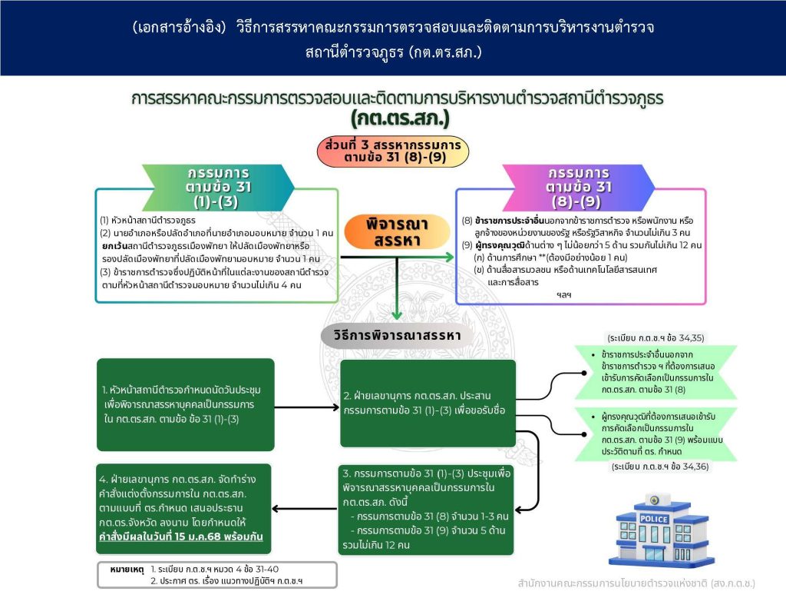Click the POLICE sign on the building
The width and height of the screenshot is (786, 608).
click(x=654, y=519)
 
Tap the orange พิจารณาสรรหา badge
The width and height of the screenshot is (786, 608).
click(x=397, y=232)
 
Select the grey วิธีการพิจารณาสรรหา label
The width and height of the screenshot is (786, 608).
click(x=397, y=335)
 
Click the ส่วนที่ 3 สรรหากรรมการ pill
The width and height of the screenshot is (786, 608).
click(x=393, y=151)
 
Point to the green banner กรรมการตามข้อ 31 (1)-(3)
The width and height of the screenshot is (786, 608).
click(x=218, y=188)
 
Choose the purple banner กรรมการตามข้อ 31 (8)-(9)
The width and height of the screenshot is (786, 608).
click(x=579, y=188)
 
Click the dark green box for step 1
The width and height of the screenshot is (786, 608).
click(x=186, y=404)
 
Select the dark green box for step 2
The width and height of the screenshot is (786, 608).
click(x=428, y=404)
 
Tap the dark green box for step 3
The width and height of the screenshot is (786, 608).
click(x=426, y=510)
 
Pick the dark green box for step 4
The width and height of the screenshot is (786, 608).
click(x=183, y=509)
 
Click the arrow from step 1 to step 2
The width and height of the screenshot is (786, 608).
click(x=307, y=407)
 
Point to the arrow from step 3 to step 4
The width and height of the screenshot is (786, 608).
click(x=304, y=509)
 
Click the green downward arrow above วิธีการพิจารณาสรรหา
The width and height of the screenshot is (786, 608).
click(x=397, y=289)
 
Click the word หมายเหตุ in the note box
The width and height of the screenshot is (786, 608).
click(x=127, y=570)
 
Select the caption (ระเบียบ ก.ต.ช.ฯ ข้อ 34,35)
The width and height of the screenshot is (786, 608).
click(x=656, y=338)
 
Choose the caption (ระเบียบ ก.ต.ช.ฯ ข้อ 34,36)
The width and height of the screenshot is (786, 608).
click(x=660, y=467)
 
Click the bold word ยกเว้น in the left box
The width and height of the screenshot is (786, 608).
click(x=114, y=246)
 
